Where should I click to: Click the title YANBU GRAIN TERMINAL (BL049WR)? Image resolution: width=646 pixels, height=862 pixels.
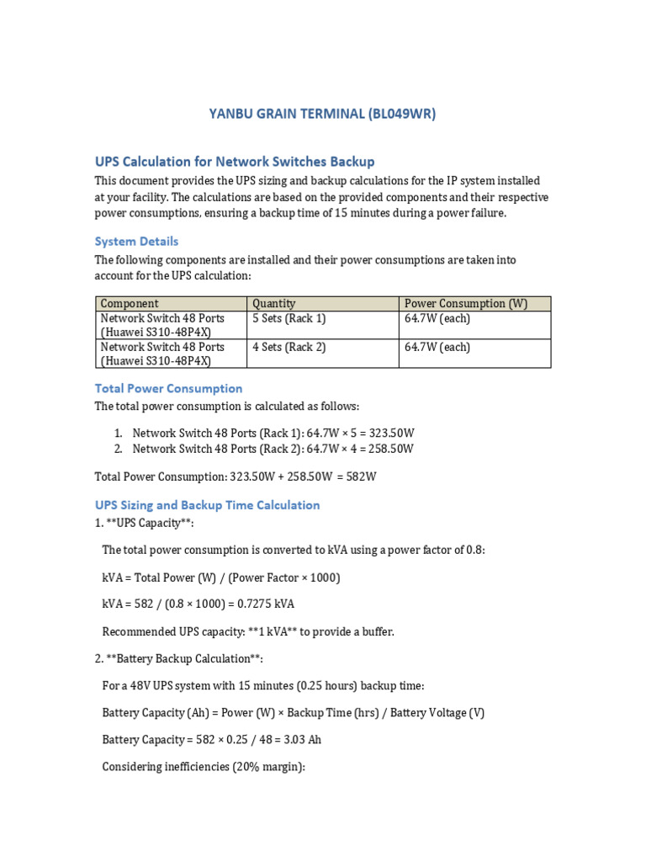click(x=322, y=114)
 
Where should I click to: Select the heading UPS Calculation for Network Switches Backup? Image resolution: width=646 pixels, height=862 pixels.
click(x=235, y=161)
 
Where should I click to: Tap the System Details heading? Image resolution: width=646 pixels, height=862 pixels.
click(x=136, y=241)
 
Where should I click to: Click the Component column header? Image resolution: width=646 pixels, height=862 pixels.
click(x=130, y=303)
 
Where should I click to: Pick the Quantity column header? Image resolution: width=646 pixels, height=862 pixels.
click(x=273, y=303)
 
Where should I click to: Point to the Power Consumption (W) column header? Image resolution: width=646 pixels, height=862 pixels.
click(x=466, y=303)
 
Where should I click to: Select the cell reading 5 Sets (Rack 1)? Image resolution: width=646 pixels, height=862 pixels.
click(x=289, y=318)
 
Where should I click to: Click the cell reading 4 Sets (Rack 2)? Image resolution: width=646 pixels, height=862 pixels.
click(x=289, y=347)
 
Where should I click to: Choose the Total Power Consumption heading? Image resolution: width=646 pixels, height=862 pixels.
click(x=168, y=388)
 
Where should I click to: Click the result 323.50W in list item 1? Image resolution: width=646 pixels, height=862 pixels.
click(x=388, y=433)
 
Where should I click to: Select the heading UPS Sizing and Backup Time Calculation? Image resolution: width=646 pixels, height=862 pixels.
click(x=207, y=505)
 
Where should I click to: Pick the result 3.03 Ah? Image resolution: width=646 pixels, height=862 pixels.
click(x=304, y=740)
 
